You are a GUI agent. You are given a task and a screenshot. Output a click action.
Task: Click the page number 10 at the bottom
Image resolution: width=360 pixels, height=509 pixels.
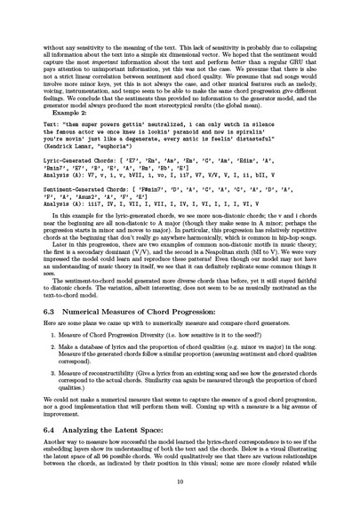[180, 481]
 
